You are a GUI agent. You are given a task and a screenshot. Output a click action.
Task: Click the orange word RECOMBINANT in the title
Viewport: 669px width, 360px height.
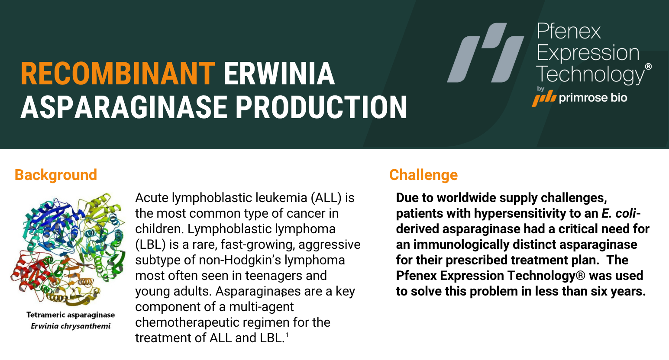tap(118, 74)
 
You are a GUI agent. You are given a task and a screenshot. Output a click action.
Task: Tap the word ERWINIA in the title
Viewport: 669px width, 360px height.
tap(279, 74)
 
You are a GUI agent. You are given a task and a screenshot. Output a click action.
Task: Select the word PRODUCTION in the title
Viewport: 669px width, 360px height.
tap(321, 107)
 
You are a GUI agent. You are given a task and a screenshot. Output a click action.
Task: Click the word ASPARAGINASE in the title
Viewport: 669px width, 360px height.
tap(124, 107)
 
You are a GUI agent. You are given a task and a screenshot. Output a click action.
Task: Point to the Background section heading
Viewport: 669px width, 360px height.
tap(56, 175)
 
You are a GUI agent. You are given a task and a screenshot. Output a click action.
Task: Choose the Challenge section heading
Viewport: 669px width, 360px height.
tap(423, 175)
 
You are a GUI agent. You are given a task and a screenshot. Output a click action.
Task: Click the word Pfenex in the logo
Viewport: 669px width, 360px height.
tap(569, 31)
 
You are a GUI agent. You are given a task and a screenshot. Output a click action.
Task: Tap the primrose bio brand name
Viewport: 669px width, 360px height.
tap(593, 98)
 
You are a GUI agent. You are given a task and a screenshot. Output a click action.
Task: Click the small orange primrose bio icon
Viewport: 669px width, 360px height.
tap(544, 98)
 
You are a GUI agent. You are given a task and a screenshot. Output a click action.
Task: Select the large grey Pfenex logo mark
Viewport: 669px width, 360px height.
tap(485, 52)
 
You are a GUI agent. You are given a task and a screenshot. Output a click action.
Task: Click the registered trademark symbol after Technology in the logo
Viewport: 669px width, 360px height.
tap(648, 67)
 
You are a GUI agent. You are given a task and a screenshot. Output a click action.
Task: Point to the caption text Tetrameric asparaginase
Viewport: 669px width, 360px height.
tap(71, 315)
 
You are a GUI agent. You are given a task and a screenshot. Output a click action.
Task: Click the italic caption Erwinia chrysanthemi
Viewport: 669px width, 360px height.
tap(71, 326)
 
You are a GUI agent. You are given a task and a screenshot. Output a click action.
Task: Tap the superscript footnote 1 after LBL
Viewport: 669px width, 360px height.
tap(287, 335)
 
